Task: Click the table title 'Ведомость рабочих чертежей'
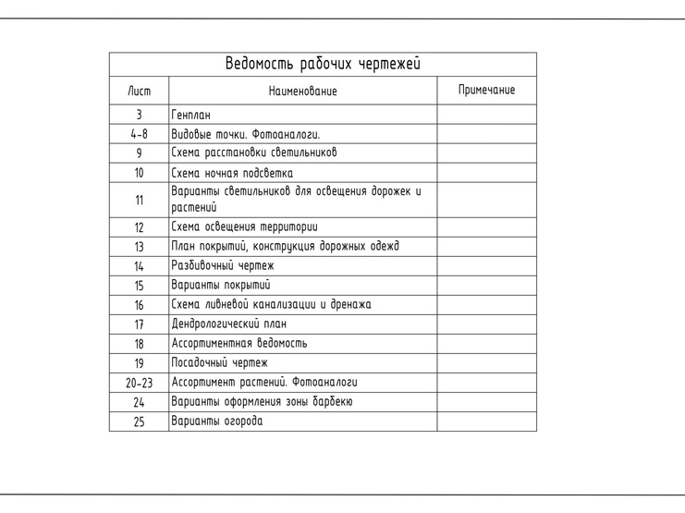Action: (323, 64)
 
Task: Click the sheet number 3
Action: (139, 116)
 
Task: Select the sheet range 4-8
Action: (139, 134)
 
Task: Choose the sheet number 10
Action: (139, 172)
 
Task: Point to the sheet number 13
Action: (139, 247)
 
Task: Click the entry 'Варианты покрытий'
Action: (220, 285)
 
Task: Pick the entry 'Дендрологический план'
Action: (228, 324)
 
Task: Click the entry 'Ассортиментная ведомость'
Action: (239, 343)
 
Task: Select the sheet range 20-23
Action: (139, 382)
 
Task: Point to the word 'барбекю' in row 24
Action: (326, 401)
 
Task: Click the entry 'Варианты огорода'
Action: (216, 421)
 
